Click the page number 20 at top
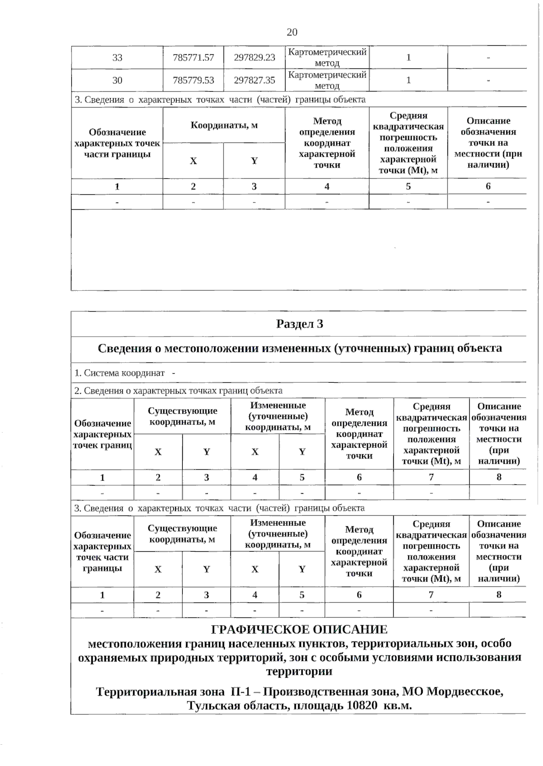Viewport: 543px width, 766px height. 292,32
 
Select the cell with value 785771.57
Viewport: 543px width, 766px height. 193,58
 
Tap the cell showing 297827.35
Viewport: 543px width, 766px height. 254,80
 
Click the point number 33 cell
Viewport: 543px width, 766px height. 117,58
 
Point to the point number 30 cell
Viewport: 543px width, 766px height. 117,80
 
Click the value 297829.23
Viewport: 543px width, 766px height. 254,58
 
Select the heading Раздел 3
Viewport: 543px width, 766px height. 300,324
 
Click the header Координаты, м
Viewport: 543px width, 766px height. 224,125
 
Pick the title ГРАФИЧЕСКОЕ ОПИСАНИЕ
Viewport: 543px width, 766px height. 300,629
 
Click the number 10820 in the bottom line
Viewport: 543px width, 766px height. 362,706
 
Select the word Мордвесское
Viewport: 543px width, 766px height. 465,692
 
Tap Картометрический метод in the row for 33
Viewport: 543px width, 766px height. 327,58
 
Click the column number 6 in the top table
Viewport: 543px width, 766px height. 488,186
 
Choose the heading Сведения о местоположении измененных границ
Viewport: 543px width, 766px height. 300,348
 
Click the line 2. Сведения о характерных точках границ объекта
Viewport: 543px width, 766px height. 178,390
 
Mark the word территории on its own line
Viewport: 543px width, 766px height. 299,671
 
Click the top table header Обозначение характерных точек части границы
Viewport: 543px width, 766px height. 117,143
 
